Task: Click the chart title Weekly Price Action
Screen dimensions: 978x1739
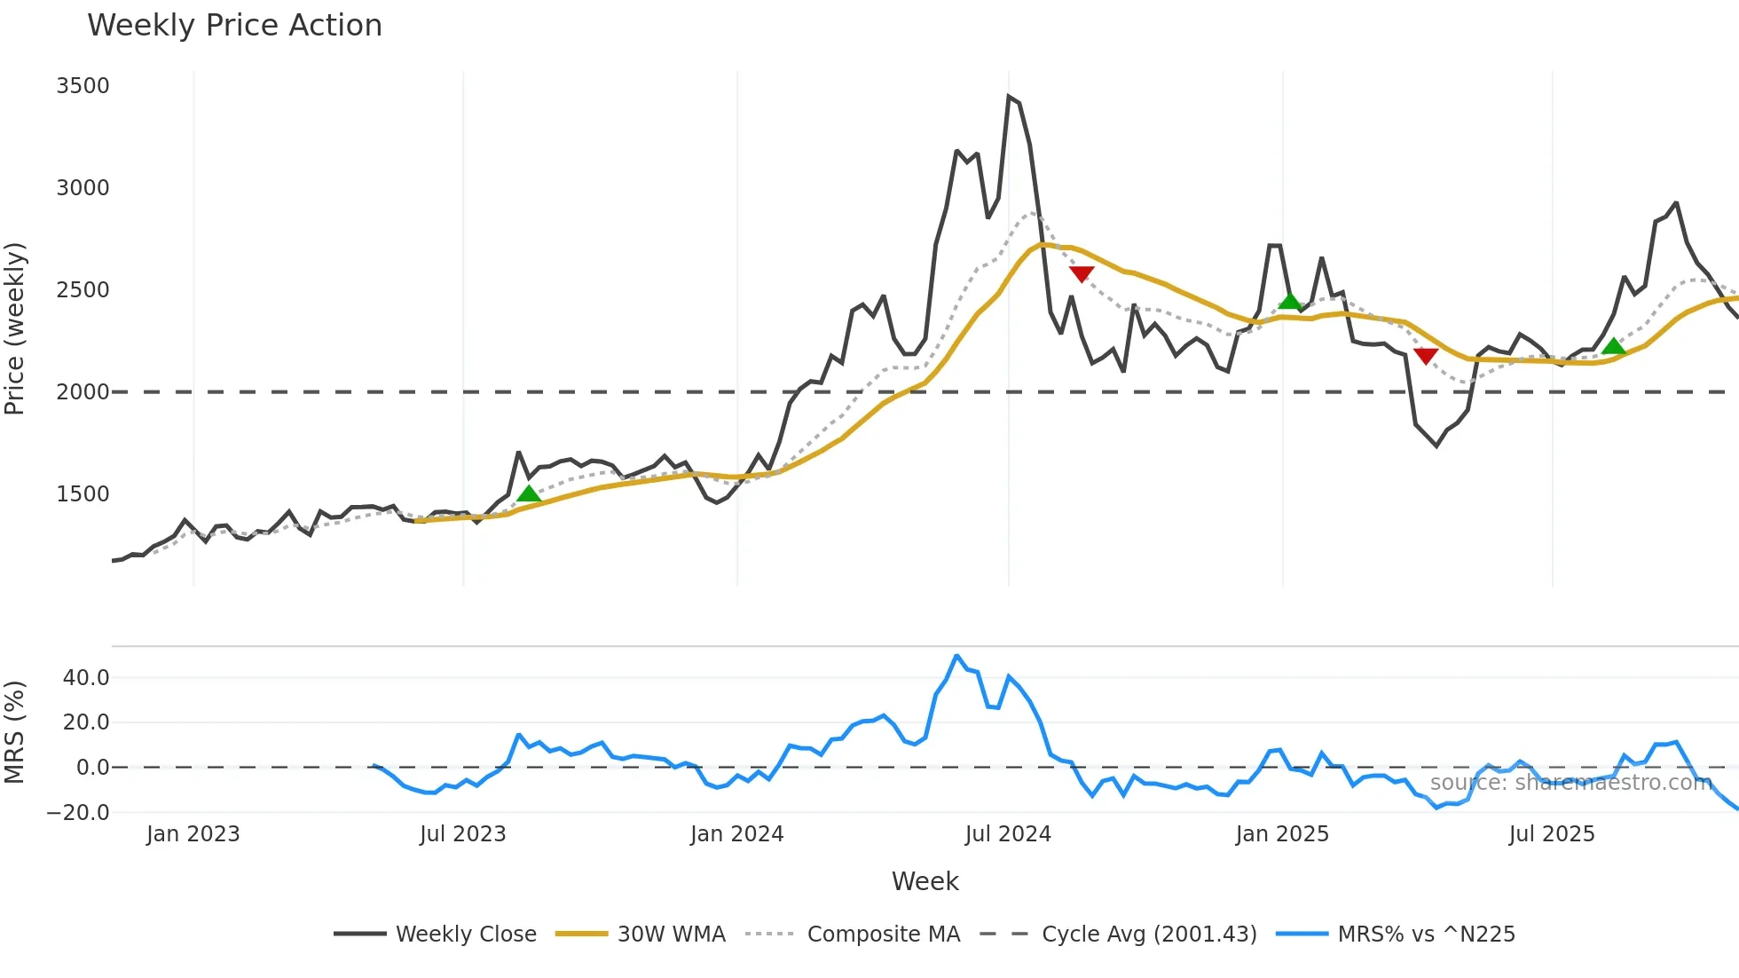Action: click(234, 26)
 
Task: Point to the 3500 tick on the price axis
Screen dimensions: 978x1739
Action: click(83, 86)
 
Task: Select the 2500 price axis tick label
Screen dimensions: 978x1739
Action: click(83, 290)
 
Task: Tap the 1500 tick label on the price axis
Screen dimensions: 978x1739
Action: click(83, 494)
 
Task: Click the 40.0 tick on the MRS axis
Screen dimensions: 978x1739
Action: click(86, 678)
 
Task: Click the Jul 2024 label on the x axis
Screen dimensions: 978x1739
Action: click(1008, 834)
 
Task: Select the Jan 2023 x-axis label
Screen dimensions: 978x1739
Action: click(193, 834)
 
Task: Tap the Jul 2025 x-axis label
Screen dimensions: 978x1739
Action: click(1552, 834)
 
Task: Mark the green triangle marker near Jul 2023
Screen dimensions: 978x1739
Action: click(529, 493)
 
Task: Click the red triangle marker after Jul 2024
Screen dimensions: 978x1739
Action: click(1082, 273)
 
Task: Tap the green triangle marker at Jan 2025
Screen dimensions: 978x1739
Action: click(1290, 301)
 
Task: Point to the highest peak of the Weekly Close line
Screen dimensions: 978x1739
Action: click(1010, 97)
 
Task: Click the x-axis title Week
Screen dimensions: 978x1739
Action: click(925, 881)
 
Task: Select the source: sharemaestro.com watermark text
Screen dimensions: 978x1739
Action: click(1570, 783)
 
